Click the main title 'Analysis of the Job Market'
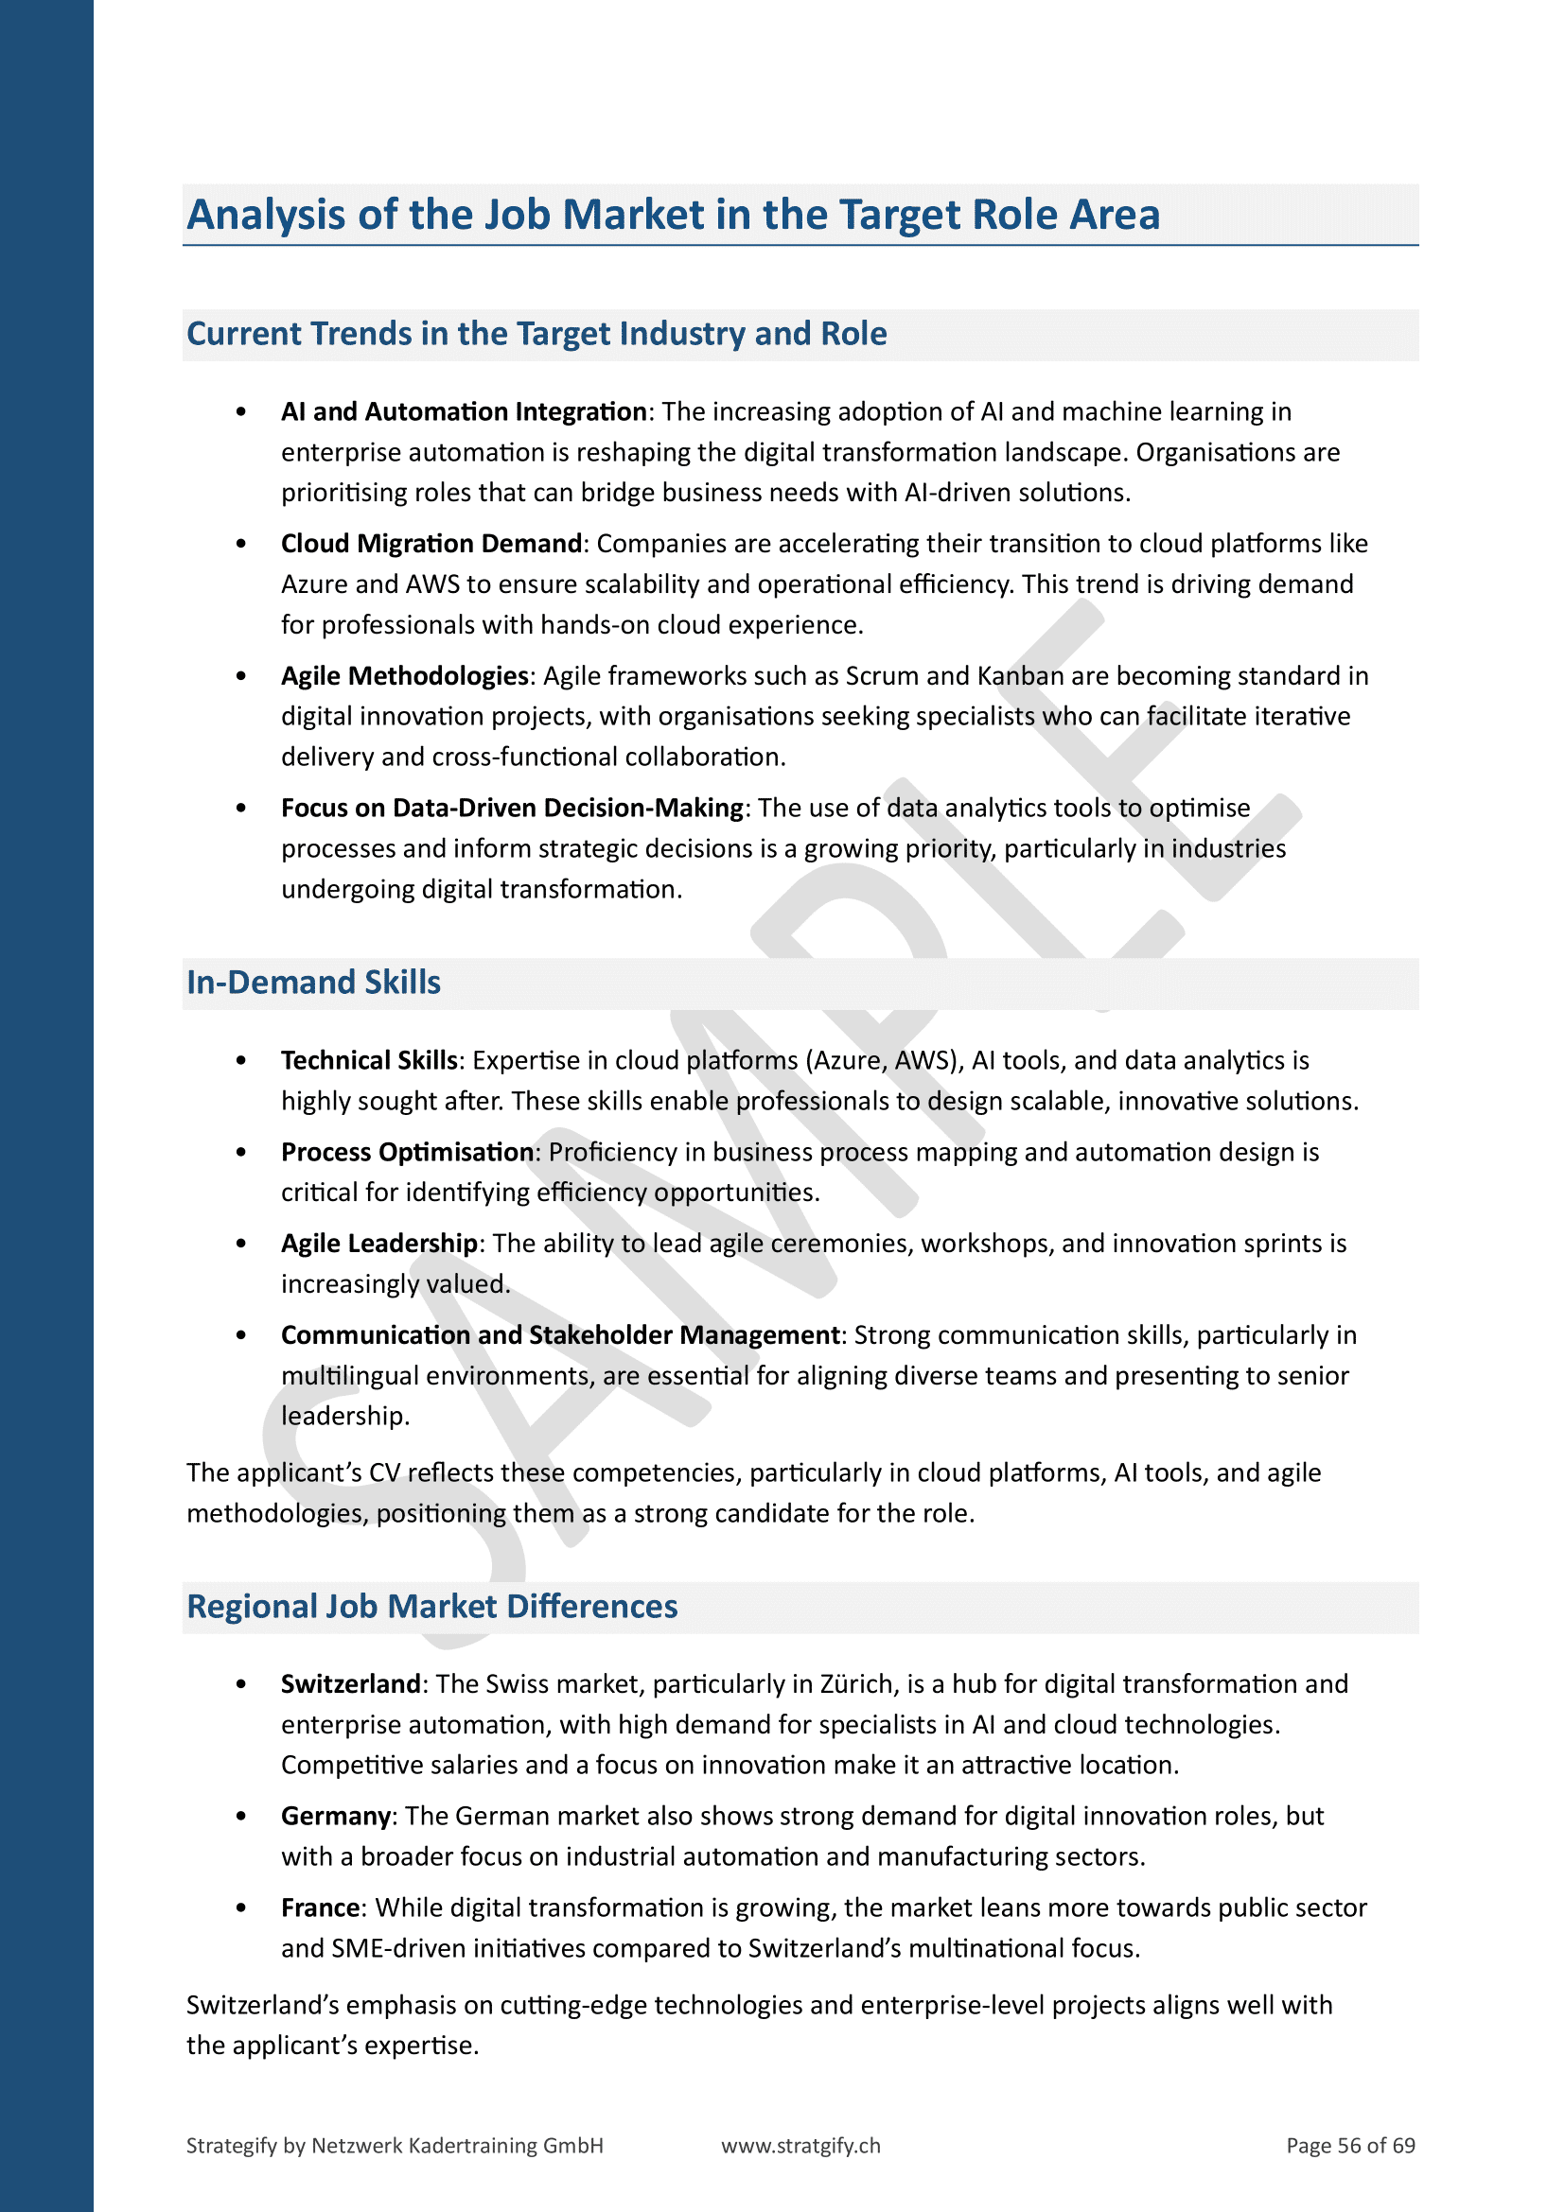(673, 215)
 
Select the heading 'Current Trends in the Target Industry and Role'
(536, 333)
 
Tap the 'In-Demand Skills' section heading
(313, 982)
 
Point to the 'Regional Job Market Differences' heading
(431, 1606)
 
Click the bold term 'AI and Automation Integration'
(463, 411)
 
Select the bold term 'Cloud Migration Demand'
(431, 544)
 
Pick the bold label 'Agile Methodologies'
(404, 675)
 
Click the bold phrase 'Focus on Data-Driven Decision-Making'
(512, 808)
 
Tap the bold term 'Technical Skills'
(368, 1060)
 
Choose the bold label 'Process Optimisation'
(407, 1151)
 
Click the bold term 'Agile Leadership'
(378, 1243)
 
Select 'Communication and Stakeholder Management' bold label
(560, 1334)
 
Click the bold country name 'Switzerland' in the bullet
(350, 1683)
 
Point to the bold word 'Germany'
(335, 1815)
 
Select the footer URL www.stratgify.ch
(800, 2145)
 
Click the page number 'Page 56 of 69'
(1350, 2145)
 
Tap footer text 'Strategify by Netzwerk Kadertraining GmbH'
(395, 2145)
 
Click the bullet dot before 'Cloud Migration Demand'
(241, 545)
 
